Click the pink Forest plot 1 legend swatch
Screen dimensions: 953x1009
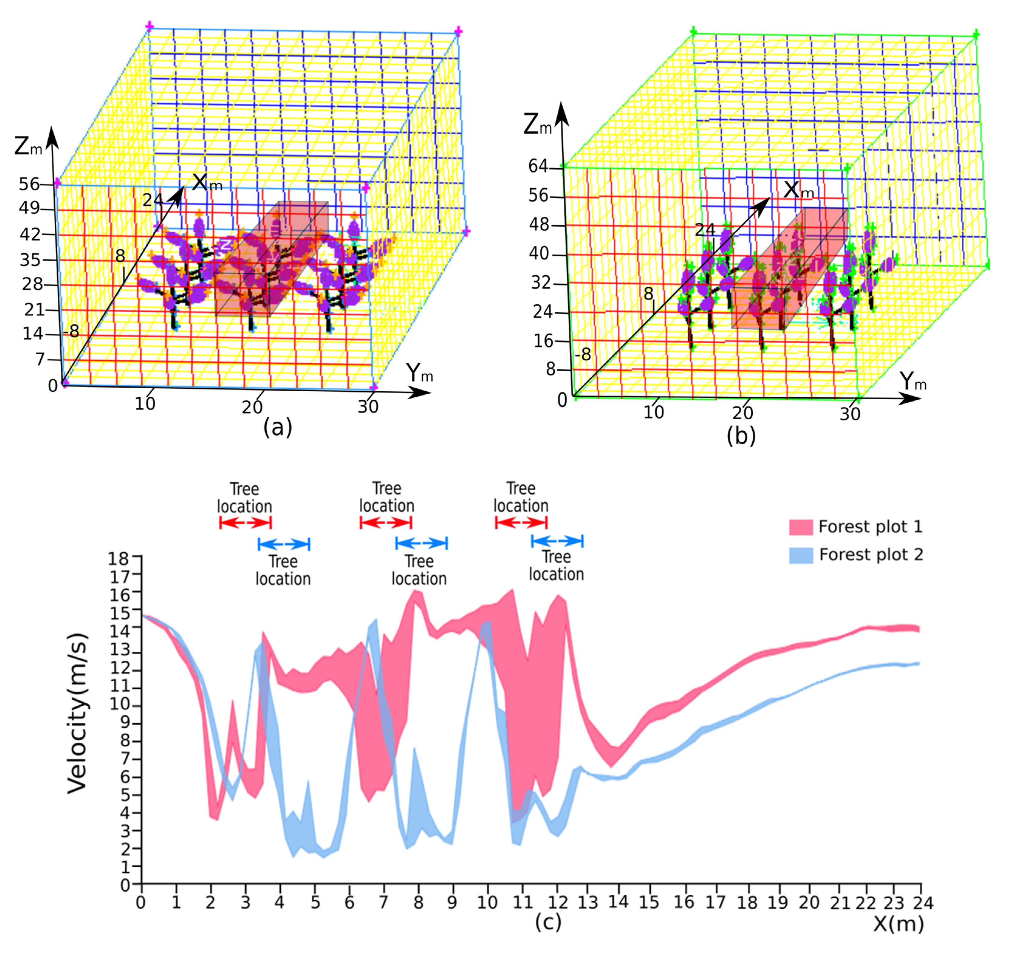[x=801, y=527]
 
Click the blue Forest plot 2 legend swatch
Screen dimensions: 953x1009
[x=801, y=555]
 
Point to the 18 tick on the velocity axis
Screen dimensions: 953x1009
[x=119, y=559]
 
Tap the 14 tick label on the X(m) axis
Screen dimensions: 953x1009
[x=618, y=902]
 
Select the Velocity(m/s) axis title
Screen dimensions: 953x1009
[x=78, y=713]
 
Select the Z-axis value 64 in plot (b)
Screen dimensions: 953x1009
[x=538, y=166]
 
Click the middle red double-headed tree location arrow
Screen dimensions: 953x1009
[x=385, y=522]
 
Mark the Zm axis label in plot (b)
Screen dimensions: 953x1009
[x=537, y=125]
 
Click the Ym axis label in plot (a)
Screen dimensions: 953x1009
[x=419, y=374]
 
